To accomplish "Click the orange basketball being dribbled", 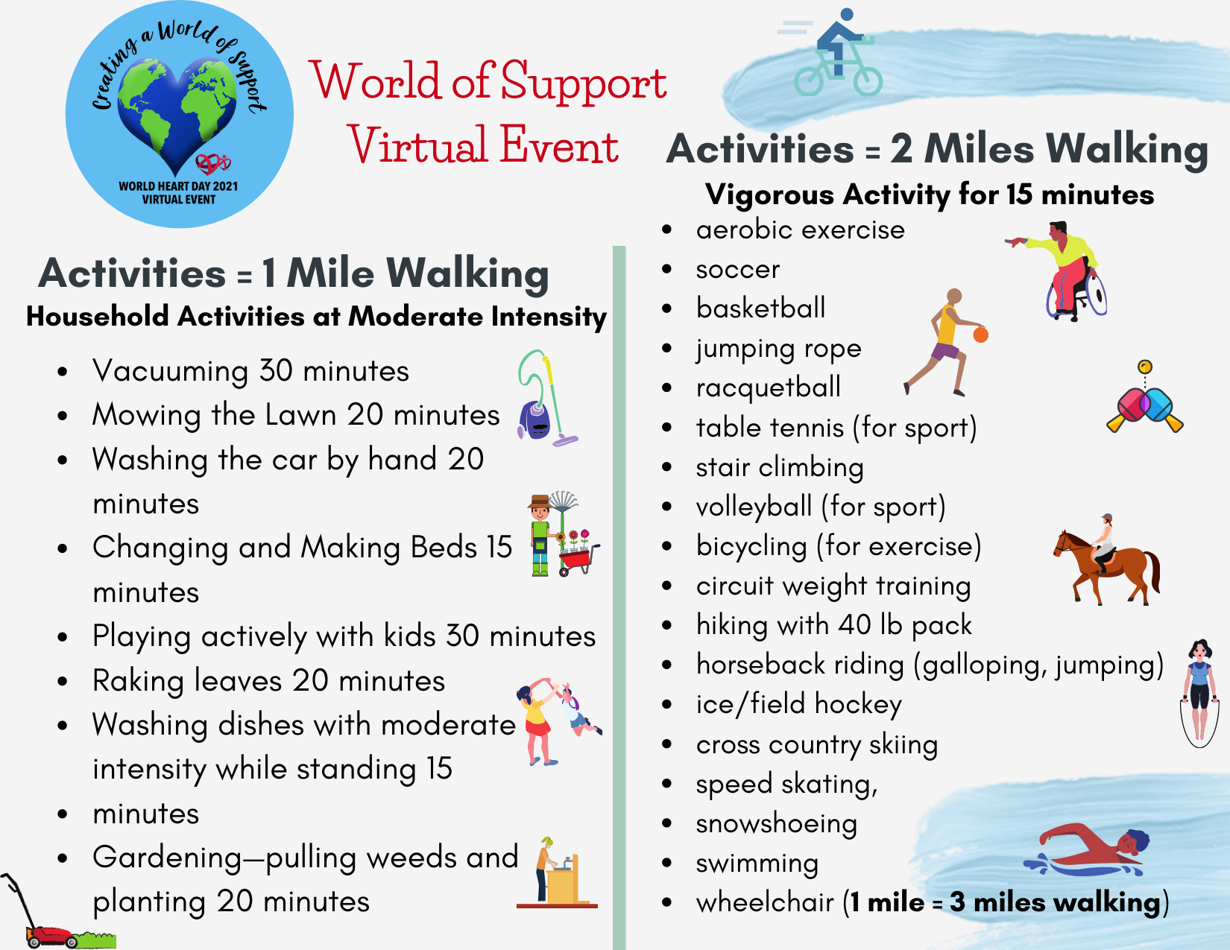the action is [x=980, y=335].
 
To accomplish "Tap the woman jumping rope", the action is [x=1199, y=692].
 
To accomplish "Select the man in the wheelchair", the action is [x=1059, y=270].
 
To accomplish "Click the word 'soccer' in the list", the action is [x=737, y=269].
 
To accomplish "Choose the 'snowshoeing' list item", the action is [x=776, y=824].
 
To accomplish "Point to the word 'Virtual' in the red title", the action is [x=417, y=145].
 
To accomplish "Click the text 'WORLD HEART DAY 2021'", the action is [x=178, y=186].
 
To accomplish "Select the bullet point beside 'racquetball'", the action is [x=666, y=388].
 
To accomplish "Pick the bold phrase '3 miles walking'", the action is [x=1055, y=903].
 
